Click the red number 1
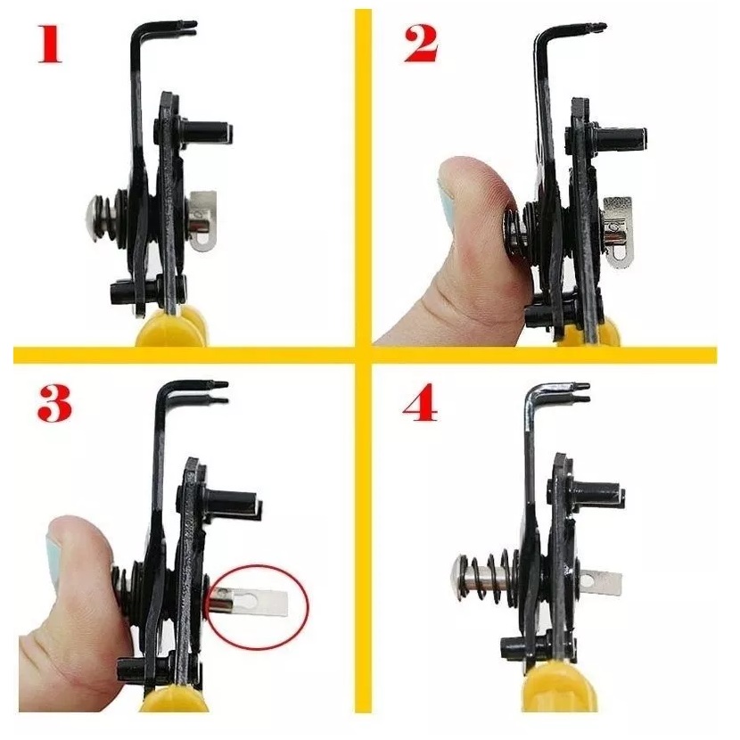tap(50, 44)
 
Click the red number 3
tap(54, 404)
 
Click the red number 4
tap(420, 404)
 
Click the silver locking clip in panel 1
tap(204, 220)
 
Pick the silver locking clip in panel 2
tap(617, 227)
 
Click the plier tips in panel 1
tap(188, 28)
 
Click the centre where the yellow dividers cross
tap(363, 355)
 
